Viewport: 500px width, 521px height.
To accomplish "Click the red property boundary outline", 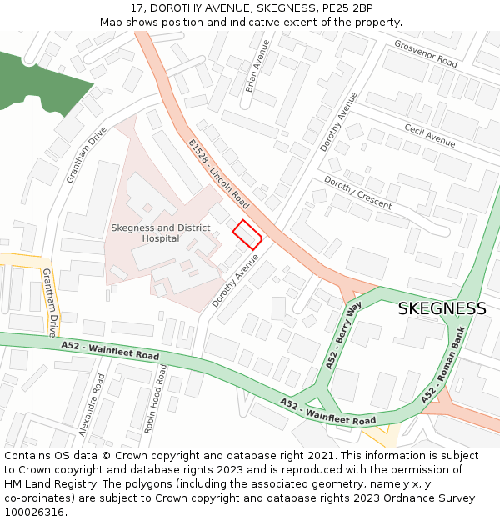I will (x=247, y=234).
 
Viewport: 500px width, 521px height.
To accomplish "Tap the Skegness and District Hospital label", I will (x=160, y=233).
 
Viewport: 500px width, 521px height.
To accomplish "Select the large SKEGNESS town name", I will (x=442, y=308).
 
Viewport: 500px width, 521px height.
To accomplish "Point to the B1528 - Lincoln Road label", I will (x=219, y=173).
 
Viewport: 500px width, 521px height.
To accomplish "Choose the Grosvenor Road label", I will (x=426, y=54).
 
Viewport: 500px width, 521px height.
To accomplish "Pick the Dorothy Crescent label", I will (x=357, y=193).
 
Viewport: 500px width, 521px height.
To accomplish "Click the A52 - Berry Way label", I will (x=343, y=336).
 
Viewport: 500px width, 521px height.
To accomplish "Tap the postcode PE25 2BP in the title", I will (x=350, y=8).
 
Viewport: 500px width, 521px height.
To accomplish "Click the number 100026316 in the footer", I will (x=34, y=512).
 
